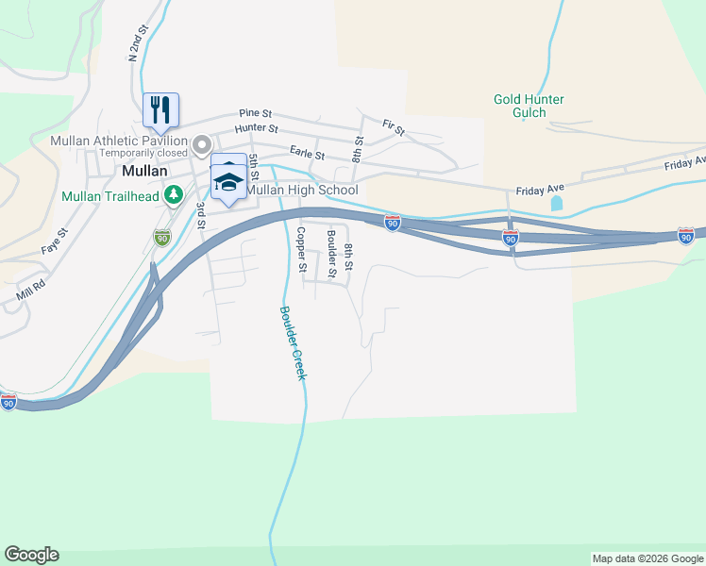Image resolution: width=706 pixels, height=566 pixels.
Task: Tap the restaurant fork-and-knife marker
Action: click(x=160, y=108)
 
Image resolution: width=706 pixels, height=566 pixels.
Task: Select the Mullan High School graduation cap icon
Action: click(x=227, y=181)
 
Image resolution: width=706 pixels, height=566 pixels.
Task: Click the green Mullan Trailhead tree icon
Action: click(x=173, y=195)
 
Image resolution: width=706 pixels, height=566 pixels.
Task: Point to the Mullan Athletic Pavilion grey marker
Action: click(x=201, y=145)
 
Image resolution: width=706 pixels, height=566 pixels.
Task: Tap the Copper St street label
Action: click(x=301, y=249)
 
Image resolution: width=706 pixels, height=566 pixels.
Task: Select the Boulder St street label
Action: click(x=331, y=254)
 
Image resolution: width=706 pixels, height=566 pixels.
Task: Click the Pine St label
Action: click(x=255, y=111)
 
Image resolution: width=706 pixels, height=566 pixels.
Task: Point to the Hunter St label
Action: click(x=257, y=127)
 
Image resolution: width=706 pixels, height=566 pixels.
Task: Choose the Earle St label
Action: click(x=307, y=155)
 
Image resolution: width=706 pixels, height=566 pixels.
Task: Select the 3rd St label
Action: click(x=200, y=215)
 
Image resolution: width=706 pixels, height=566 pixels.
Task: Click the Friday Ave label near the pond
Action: click(x=539, y=191)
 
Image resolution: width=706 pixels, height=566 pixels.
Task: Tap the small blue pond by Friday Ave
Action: click(x=556, y=203)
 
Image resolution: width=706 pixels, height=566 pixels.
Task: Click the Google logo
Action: click(x=31, y=555)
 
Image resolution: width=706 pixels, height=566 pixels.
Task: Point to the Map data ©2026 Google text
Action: click(x=647, y=558)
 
